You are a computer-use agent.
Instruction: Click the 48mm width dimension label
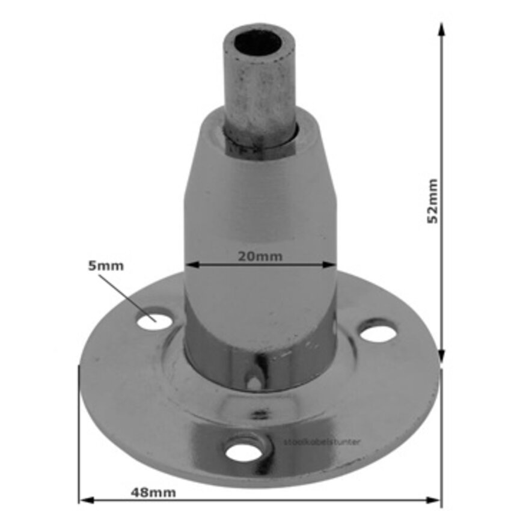coord(153,492)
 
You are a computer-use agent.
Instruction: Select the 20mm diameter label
coord(260,255)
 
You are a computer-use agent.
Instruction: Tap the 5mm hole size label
coord(106,266)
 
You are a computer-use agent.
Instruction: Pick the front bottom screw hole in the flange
coord(245,448)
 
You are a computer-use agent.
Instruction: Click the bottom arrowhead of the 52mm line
coord(441,357)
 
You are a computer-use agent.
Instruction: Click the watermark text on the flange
coord(322,442)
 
